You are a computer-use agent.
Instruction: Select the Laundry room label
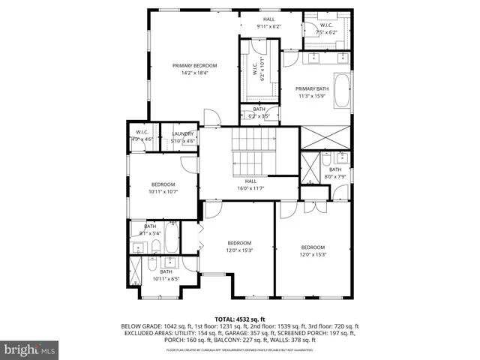183,134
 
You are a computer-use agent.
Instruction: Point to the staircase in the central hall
250,150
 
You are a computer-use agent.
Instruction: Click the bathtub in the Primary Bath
341,90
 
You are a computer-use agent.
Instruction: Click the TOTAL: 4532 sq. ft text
239,319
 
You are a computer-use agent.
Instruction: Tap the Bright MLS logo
30,349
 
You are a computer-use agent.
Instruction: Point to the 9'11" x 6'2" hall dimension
268,26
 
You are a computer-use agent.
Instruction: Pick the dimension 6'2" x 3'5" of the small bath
259,116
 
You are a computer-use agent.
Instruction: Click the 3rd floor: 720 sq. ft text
332,327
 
